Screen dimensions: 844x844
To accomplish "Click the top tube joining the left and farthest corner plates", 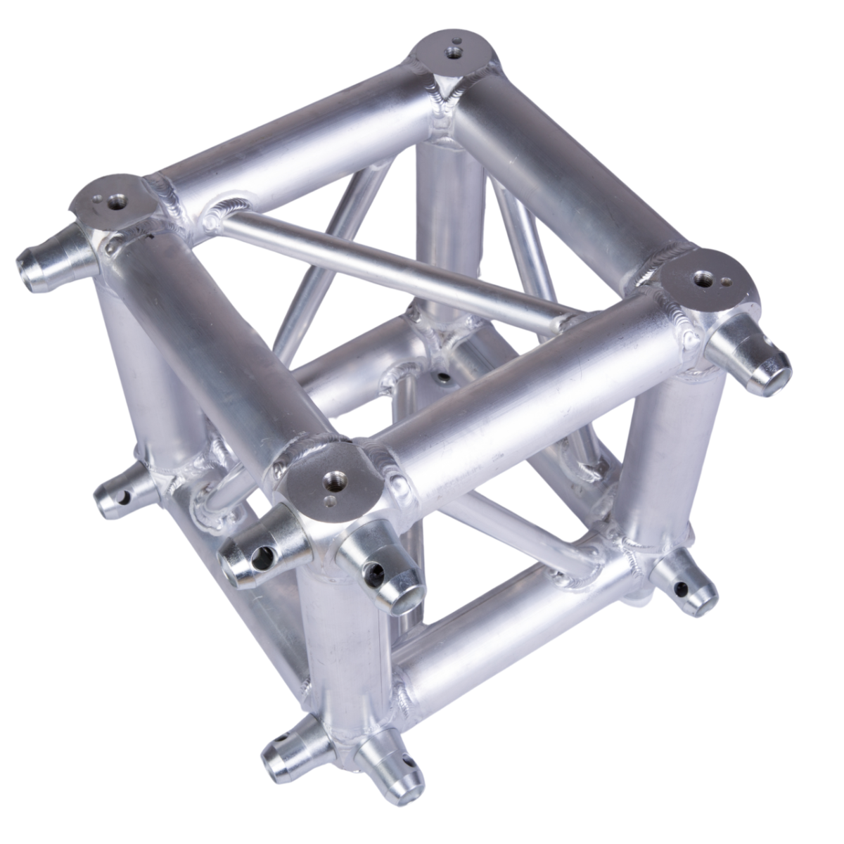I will click(x=281, y=141).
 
